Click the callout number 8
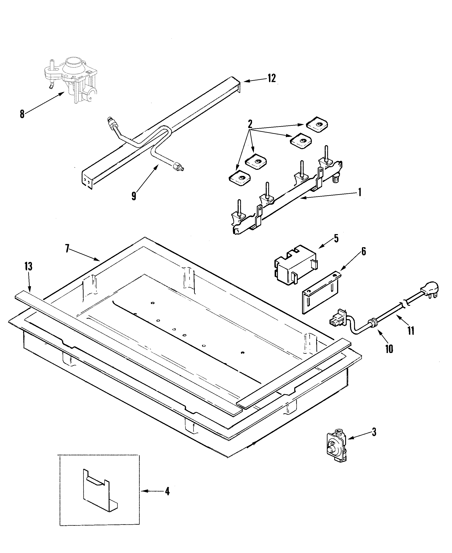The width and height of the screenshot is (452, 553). pyautogui.click(x=22, y=114)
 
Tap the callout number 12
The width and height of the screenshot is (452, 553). pyautogui.click(x=272, y=78)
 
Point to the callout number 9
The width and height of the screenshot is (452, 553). pyautogui.click(x=134, y=196)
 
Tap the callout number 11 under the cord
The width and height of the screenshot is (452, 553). pyautogui.click(x=411, y=331)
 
